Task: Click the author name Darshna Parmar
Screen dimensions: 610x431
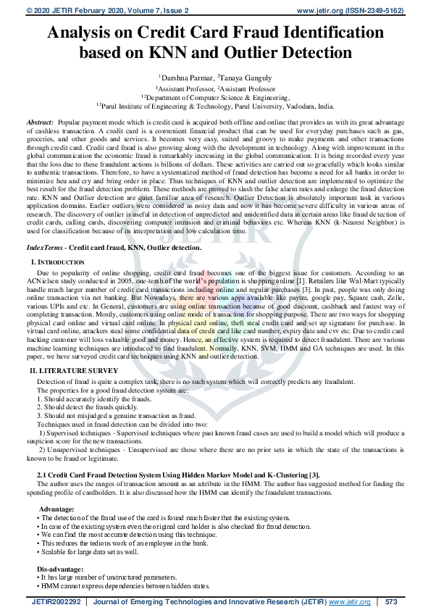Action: point(183,75)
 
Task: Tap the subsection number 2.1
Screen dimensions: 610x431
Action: point(43,475)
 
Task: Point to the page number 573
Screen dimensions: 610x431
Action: point(392,601)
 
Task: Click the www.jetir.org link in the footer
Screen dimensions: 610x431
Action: point(349,601)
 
